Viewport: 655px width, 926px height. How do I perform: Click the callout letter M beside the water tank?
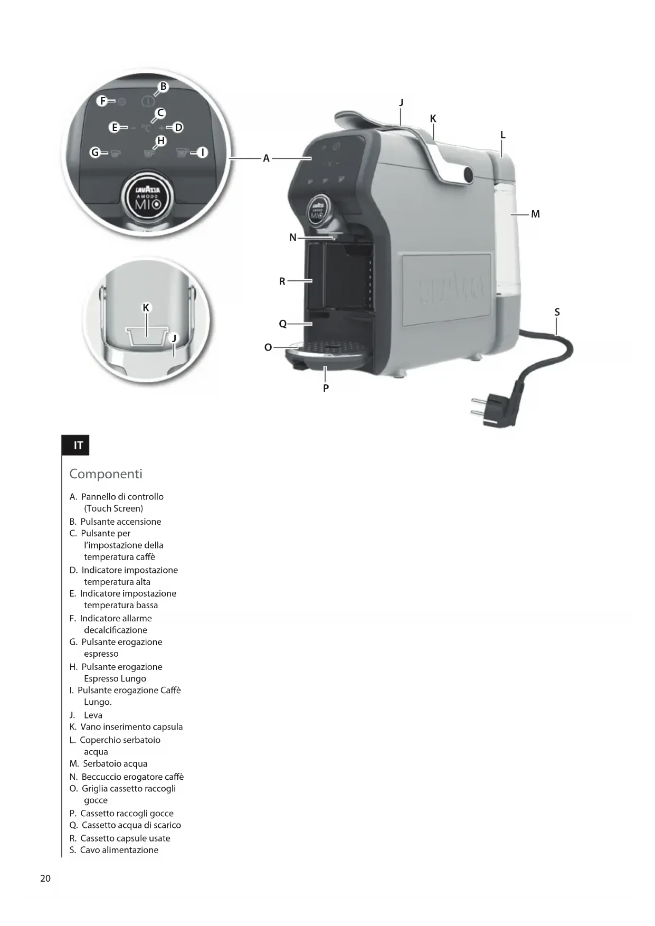point(535,214)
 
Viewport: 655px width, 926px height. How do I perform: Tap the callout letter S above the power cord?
point(557,313)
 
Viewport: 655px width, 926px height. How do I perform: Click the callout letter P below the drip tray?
point(326,388)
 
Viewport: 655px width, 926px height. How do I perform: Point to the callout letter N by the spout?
point(293,238)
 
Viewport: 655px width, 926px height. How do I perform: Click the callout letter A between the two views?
point(266,158)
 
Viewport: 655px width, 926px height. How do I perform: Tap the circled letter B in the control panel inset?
point(163,87)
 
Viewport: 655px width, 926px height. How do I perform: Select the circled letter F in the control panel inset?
point(103,101)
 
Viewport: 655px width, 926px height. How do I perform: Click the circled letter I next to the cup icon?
point(202,153)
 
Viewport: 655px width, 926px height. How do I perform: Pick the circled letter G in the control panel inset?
point(95,153)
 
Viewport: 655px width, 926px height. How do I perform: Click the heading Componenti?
point(106,474)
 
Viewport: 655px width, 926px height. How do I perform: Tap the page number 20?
point(45,878)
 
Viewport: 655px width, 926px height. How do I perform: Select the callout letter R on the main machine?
point(282,281)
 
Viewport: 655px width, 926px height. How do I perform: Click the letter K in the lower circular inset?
point(146,308)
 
